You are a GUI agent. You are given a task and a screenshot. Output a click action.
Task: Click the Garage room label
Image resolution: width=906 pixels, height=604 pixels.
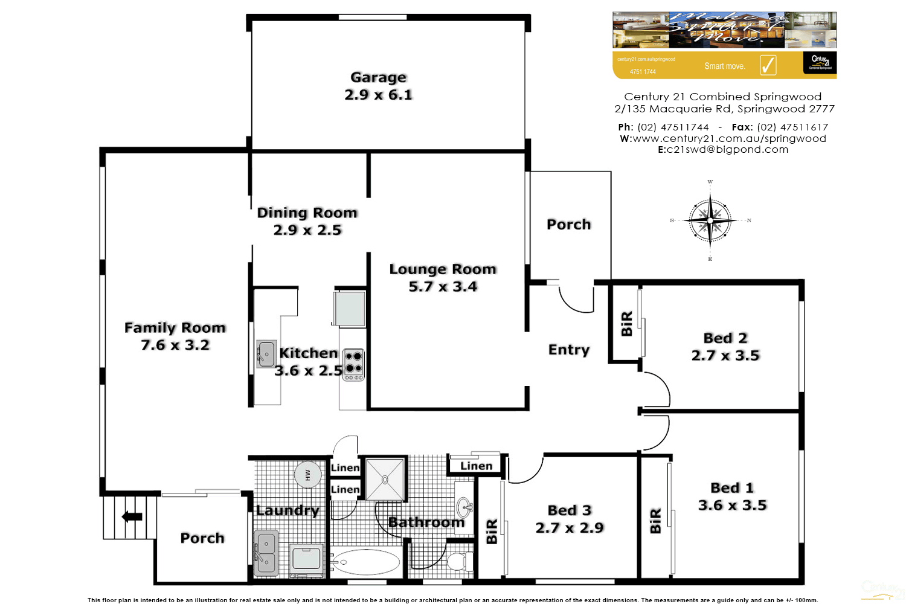coord(379,77)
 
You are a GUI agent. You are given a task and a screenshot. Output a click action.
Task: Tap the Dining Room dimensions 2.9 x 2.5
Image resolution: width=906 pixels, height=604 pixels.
coord(307,230)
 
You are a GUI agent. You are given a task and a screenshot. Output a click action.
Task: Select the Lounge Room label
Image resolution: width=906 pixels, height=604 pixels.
coord(443,269)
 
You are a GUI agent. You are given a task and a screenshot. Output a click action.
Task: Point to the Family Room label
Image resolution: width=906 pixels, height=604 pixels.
coord(175,328)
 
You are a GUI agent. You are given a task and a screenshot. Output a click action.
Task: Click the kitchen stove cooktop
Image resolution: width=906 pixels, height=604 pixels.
coord(353,364)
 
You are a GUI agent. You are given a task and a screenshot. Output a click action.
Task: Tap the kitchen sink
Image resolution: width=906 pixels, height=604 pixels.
coord(266,354)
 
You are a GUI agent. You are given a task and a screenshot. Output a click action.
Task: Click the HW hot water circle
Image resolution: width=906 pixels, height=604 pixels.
coord(307,475)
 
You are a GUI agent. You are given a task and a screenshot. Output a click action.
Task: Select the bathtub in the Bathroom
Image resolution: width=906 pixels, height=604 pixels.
coord(365,562)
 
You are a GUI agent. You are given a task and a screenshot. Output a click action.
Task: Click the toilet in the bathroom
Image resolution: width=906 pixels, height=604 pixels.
coord(460,561)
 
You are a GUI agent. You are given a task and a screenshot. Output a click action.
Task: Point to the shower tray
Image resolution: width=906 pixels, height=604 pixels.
coord(385,479)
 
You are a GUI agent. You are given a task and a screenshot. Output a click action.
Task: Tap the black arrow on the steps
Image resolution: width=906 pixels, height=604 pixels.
coord(132,516)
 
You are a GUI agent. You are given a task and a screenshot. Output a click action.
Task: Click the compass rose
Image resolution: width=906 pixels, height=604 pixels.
coord(710,220)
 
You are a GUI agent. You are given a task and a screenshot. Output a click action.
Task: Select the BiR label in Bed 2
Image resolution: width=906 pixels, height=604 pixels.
coord(626,324)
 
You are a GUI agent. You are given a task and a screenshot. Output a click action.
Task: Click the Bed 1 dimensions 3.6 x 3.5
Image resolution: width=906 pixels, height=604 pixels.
coord(732,506)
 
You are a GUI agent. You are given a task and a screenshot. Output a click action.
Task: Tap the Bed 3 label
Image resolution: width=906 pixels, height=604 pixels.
coord(570,510)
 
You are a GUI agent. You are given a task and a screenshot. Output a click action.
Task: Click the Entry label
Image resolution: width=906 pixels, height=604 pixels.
coord(568,350)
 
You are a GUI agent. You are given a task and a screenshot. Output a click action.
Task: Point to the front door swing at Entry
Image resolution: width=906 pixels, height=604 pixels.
coord(576,299)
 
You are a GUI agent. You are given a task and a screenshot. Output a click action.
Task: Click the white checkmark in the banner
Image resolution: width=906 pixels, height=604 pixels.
coord(768,65)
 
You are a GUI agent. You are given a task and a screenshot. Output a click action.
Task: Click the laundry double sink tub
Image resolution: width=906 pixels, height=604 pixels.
coord(266,553)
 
